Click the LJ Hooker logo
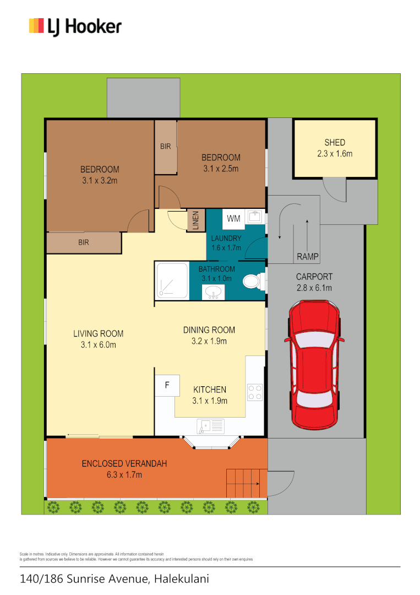pos(75,26)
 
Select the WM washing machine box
pos(234,219)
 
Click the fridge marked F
pos(167,385)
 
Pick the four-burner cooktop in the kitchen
pos(254,391)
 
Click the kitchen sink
pos(210,425)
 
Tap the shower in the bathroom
pos(172,280)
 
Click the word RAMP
pos(307,257)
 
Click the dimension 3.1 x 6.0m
pos(99,345)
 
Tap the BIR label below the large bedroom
pos(84,242)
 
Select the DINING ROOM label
pos(209,330)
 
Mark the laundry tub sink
pos(254,217)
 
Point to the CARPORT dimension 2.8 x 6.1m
pos(314,288)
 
